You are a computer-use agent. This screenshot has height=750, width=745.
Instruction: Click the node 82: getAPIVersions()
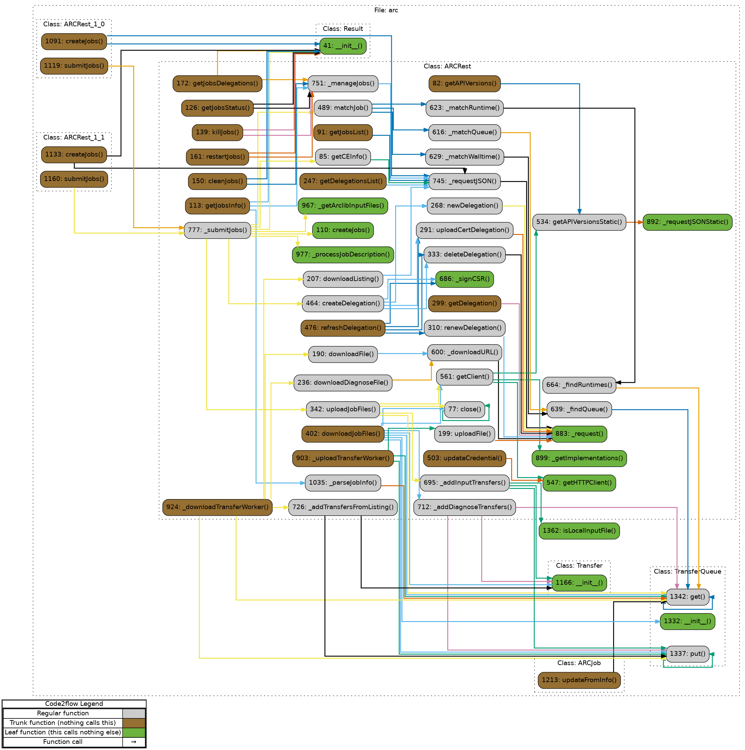tap(464, 84)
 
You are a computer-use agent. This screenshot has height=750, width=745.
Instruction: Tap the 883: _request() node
tap(579, 434)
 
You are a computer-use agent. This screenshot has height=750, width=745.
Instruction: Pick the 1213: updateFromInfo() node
tap(579, 680)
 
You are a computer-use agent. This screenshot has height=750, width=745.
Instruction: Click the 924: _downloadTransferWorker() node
tap(217, 507)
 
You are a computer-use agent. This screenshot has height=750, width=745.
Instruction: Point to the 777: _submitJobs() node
tap(217, 230)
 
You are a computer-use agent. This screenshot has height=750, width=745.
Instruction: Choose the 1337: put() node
tap(687, 654)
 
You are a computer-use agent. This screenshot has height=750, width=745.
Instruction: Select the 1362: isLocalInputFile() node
tap(579, 531)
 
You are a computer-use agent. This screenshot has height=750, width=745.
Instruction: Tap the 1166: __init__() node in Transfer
tap(579, 583)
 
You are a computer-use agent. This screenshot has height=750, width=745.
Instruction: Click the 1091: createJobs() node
tap(74, 41)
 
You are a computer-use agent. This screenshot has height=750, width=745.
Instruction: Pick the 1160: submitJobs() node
tap(74, 179)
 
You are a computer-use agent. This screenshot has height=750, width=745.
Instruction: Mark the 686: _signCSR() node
tap(464, 279)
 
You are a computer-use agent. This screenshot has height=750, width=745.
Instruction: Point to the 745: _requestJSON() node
tap(464, 181)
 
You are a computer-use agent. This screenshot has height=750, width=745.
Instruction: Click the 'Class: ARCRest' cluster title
tap(447, 67)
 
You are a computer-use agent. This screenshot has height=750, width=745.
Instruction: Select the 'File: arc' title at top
tap(386, 11)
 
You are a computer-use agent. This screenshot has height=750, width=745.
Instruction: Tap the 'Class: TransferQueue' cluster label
tap(687, 571)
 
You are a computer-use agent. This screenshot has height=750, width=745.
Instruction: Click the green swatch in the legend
tap(134, 732)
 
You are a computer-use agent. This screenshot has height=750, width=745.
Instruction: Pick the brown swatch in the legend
tap(134, 723)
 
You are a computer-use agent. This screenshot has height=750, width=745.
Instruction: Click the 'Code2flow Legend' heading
tap(74, 704)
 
